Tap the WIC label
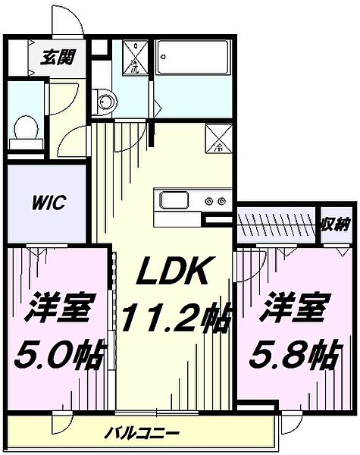click(x=49, y=203)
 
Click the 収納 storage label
click(x=333, y=224)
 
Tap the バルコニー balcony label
click(x=143, y=434)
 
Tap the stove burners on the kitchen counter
click(x=215, y=202)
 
